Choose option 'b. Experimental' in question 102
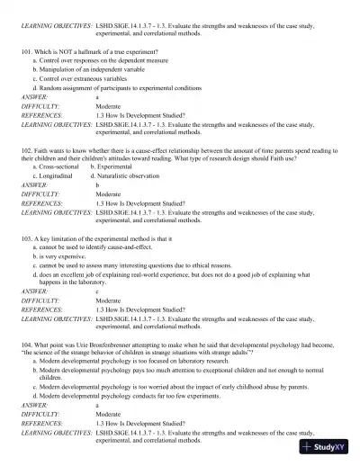pos(112,166)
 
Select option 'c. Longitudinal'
pos(55,175)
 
